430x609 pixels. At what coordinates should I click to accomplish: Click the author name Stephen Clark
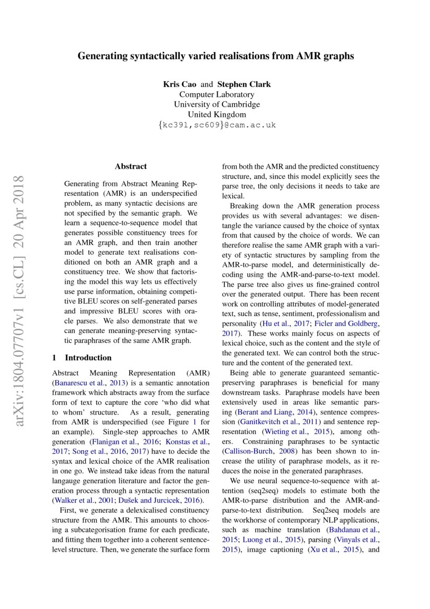tap(244, 84)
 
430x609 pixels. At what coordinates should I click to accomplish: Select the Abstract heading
tap(131, 167)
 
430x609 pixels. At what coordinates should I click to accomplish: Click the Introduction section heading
tap(87, 357)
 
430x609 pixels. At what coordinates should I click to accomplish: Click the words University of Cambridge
tap(217, 104)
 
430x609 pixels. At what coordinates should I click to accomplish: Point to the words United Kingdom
tap(217, 115)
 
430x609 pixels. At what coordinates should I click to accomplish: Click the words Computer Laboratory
tap(217, 94)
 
